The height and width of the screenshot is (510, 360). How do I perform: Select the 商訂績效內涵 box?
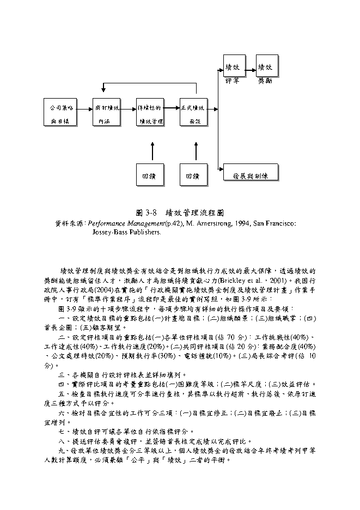click(107, 113)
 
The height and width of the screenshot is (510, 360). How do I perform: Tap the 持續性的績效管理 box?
click(150, 113)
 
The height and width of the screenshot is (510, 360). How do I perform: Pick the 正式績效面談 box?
click(194, 113)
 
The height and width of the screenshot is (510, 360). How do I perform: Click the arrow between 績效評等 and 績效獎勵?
click(250, 69)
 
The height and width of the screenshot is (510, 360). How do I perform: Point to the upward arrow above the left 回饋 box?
click(152, 151)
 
